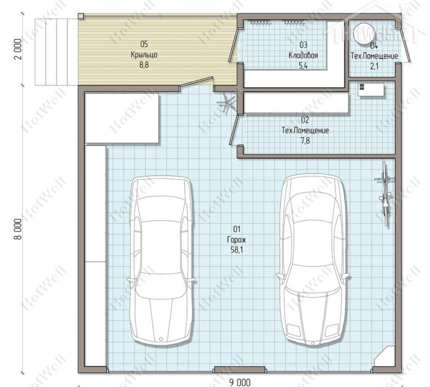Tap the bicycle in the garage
click(385, 194)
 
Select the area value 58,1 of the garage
click(237, 250)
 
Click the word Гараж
click(237, 240)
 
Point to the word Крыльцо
click(144, 55)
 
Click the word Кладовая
click(303, 55)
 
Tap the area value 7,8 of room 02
click(305, 141)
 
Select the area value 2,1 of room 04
click(374, 66)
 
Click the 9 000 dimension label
click(240, 382)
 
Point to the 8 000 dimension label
click(18, 229)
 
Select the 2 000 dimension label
click(18, 49)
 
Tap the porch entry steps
click(51, 52)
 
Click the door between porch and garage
click(196, 83)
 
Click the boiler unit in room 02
click(371, 90)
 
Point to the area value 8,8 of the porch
click(144, 65)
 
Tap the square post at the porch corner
click(80, 16)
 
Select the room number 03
click(303, 45)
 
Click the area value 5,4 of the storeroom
click(303, 66)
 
